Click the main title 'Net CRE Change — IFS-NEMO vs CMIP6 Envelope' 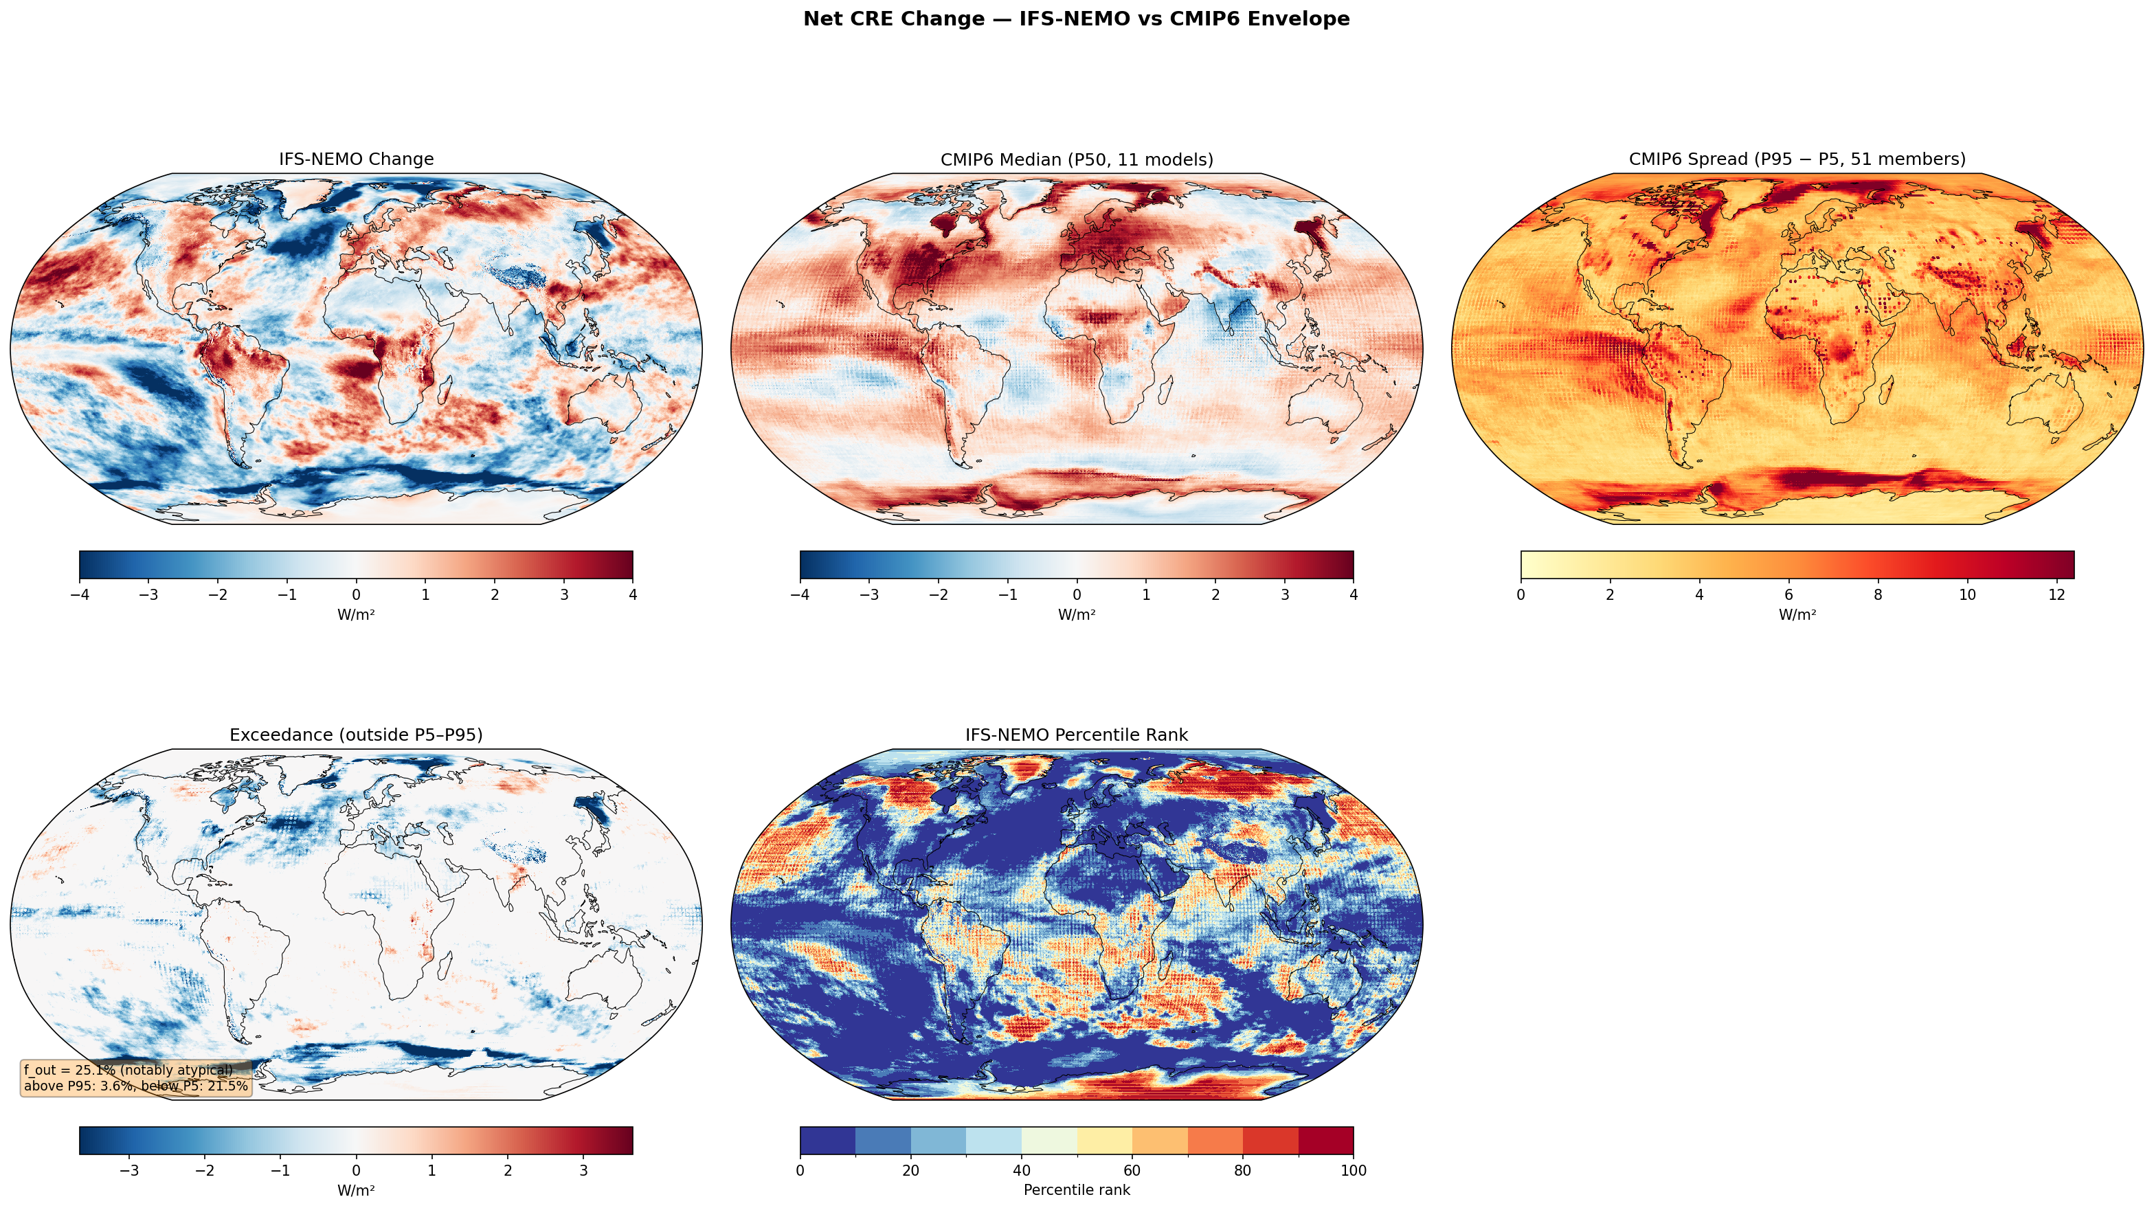coord(1076,19)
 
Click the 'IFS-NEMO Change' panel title coord(355,159)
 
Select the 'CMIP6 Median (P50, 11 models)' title coord(1076,159)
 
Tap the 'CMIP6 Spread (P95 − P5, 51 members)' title coord(1797,159)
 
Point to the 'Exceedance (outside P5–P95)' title coord(355,735)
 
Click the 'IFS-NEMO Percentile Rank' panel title coord(1076,735)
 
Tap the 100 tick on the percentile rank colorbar coord(1352,1171)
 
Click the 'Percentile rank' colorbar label coord(1076,1190)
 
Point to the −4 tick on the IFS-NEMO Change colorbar coord(80,595)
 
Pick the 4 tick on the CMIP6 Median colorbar coord(1353,595)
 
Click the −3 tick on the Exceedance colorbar coord(130,1171)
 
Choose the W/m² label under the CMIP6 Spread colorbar coord(1797,615)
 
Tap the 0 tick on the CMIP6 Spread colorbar coord(1521,595)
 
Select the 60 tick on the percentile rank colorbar coord(1132,1171)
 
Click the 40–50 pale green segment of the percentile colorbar coord(1048,1140)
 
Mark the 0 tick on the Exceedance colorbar coord(356,1171)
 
